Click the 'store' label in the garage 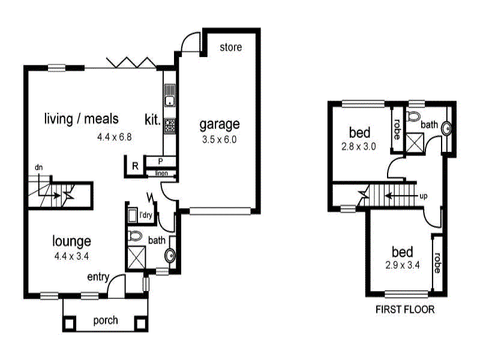click(230, 47)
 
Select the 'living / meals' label click(82, 118)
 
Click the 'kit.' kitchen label click(152, 119)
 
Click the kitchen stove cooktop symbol click(169, 125)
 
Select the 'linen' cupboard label click(161, 174)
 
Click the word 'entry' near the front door click(98, 277)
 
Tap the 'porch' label click(106, 320)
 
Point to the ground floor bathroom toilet click(135, 235)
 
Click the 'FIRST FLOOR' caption click(404, 310)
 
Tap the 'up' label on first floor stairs click(424, 196)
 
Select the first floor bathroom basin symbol click(446, 127)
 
